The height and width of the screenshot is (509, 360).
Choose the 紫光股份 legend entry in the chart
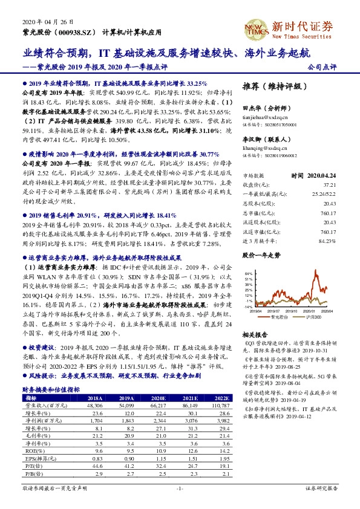tap(280, 317)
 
